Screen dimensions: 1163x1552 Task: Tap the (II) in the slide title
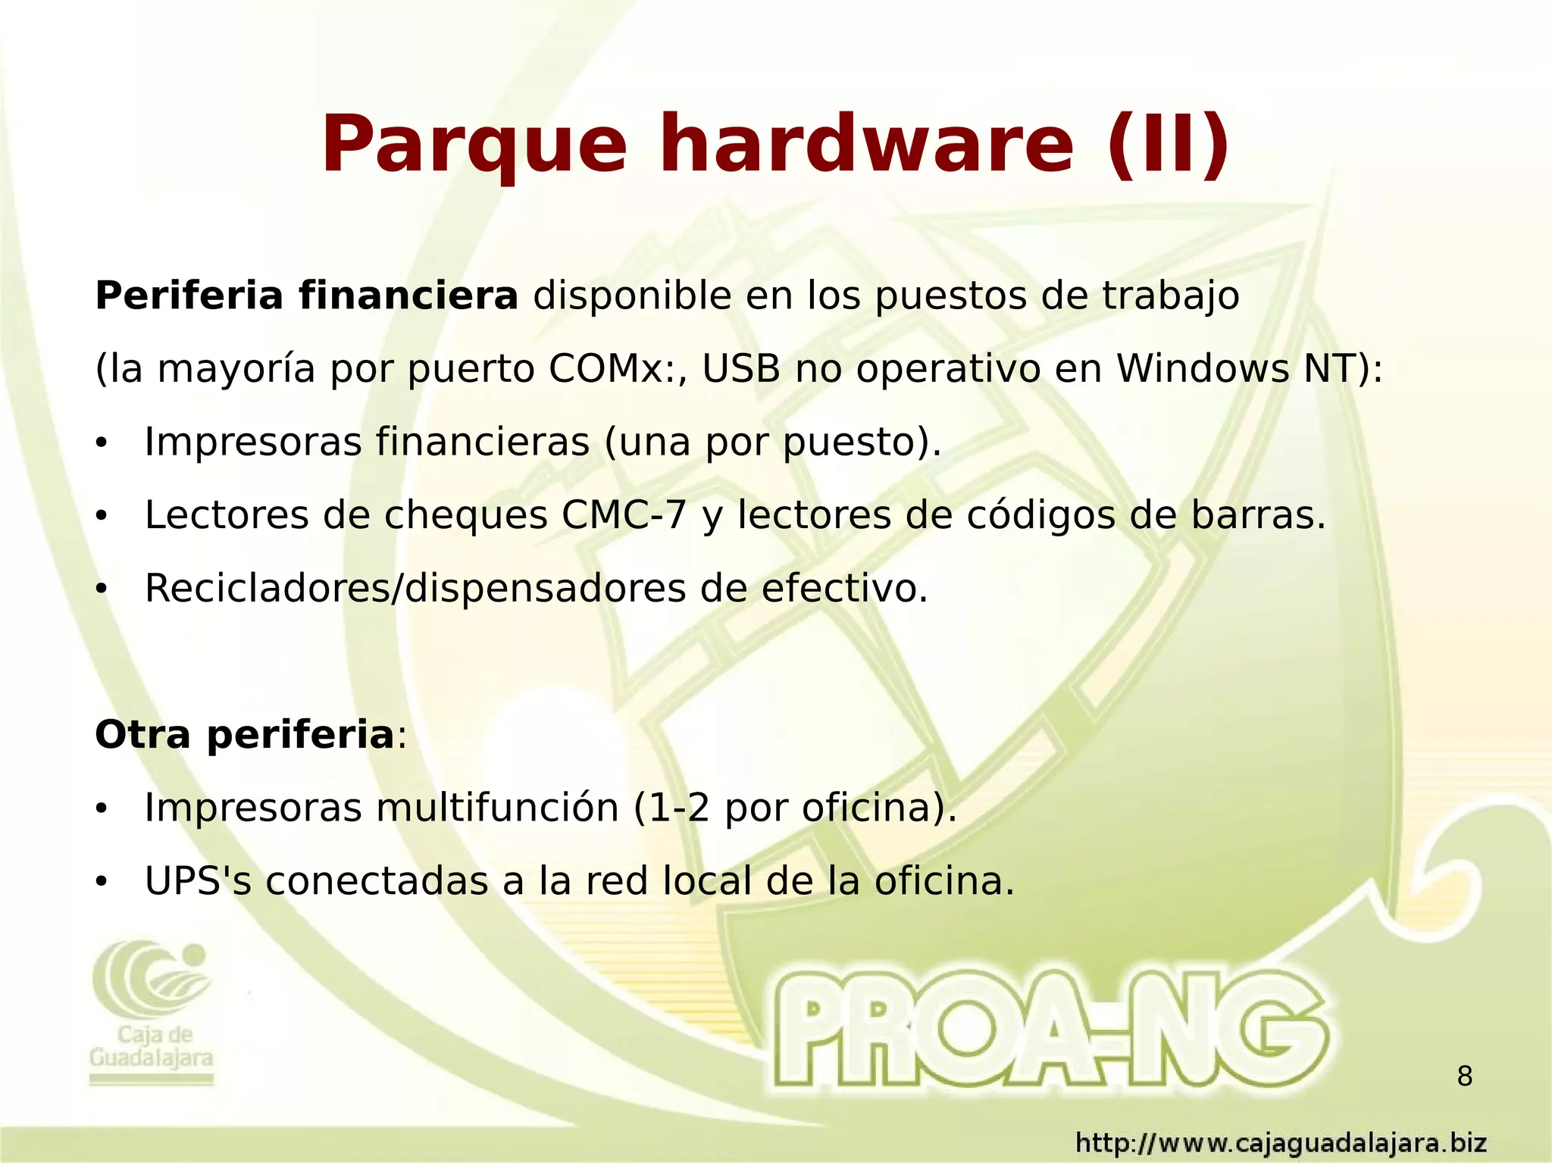point(1168,144)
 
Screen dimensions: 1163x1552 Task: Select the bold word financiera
point(408,295)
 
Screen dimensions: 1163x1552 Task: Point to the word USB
point(741,369)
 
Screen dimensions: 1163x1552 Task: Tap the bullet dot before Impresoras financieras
point(102,444)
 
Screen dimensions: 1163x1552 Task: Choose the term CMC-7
point(624,515)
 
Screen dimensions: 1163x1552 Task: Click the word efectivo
point(844,589)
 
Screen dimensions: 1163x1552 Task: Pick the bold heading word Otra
point(142,734)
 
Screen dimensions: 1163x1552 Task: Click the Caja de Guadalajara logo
point(152,1011)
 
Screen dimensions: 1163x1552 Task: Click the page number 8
point(1465,1076)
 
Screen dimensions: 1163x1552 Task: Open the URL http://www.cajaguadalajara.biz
point(1281,1143)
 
